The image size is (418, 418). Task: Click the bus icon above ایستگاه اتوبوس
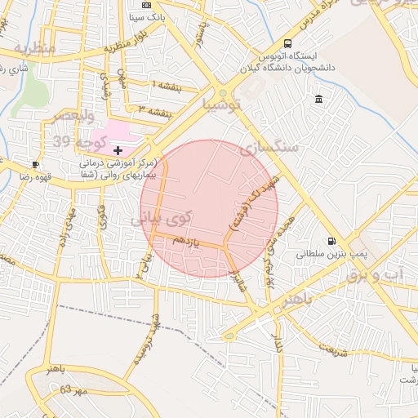coord(287,43)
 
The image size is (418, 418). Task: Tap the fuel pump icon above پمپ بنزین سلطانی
coord(331,241)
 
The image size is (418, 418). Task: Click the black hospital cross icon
coord(118,150)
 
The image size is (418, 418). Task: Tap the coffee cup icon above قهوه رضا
coord(35,164)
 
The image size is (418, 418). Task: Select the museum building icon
coord(318,100)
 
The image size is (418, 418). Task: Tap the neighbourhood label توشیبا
coord(223,105)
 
